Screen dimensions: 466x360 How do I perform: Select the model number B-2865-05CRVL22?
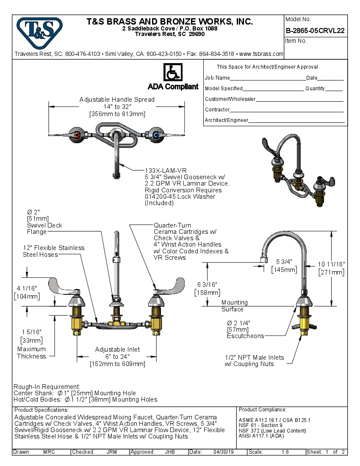(315, 31)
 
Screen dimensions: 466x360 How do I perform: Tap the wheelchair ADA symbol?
(172, 72)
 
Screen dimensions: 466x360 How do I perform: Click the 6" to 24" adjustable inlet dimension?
(117, 357)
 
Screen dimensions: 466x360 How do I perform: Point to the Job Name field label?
(217, 78)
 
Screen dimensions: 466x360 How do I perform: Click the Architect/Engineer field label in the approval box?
(227, 120)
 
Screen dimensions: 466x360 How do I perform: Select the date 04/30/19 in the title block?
(224, 452)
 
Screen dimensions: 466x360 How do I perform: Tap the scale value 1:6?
(285, 452)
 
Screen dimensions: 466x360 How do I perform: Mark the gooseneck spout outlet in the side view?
(263, 259)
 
